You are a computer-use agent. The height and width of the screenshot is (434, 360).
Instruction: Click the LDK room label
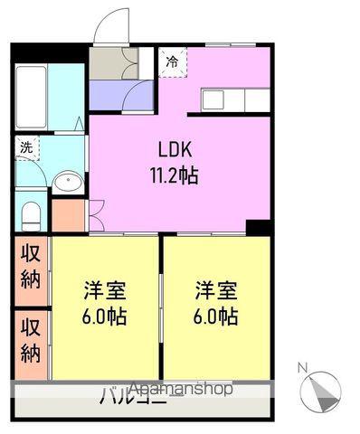click(x=175, y=149)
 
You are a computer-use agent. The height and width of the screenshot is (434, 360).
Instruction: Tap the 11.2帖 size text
click(x=175, y=175)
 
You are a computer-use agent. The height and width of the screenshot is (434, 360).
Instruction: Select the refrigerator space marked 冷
click(x=173, y=62)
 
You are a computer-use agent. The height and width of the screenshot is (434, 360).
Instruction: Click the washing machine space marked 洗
click(x=27, y=148)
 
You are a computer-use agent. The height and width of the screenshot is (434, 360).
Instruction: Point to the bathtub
click(x=32, y=97)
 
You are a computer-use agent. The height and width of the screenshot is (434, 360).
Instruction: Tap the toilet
click(x=31, y=216)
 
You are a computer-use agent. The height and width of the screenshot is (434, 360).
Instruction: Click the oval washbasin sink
click(x=68, y=181)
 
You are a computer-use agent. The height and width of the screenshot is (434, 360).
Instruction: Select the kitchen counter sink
click(x=213, y=99)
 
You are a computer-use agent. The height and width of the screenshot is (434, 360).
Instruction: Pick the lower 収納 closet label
click(x=31, y=341)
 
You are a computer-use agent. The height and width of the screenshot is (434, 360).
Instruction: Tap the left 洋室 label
click(x=105, y=290)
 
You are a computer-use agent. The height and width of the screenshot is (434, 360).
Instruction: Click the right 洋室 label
click(x=216, y=290)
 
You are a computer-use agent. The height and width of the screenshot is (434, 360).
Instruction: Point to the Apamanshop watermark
click(x=182, y=389)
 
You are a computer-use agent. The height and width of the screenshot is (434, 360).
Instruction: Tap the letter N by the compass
click(x=302, y=368)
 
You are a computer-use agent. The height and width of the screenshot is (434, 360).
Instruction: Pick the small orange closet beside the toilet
click(x=68, y=215)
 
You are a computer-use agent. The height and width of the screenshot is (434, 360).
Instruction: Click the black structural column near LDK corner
click(x=259, y=228)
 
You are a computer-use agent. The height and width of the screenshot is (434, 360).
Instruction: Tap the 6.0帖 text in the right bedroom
click(x=216, y=316)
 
